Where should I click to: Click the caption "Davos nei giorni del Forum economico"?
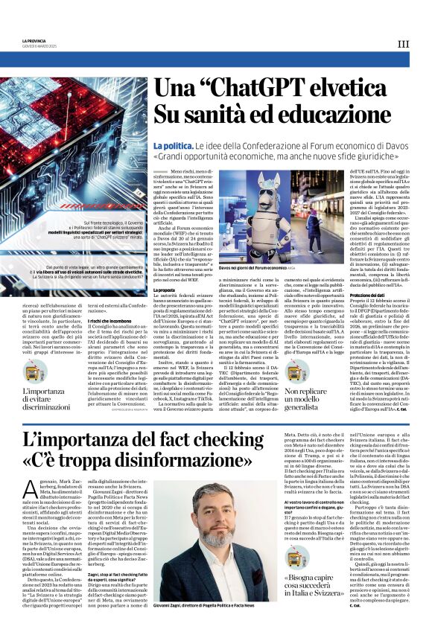coord(238,266)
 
